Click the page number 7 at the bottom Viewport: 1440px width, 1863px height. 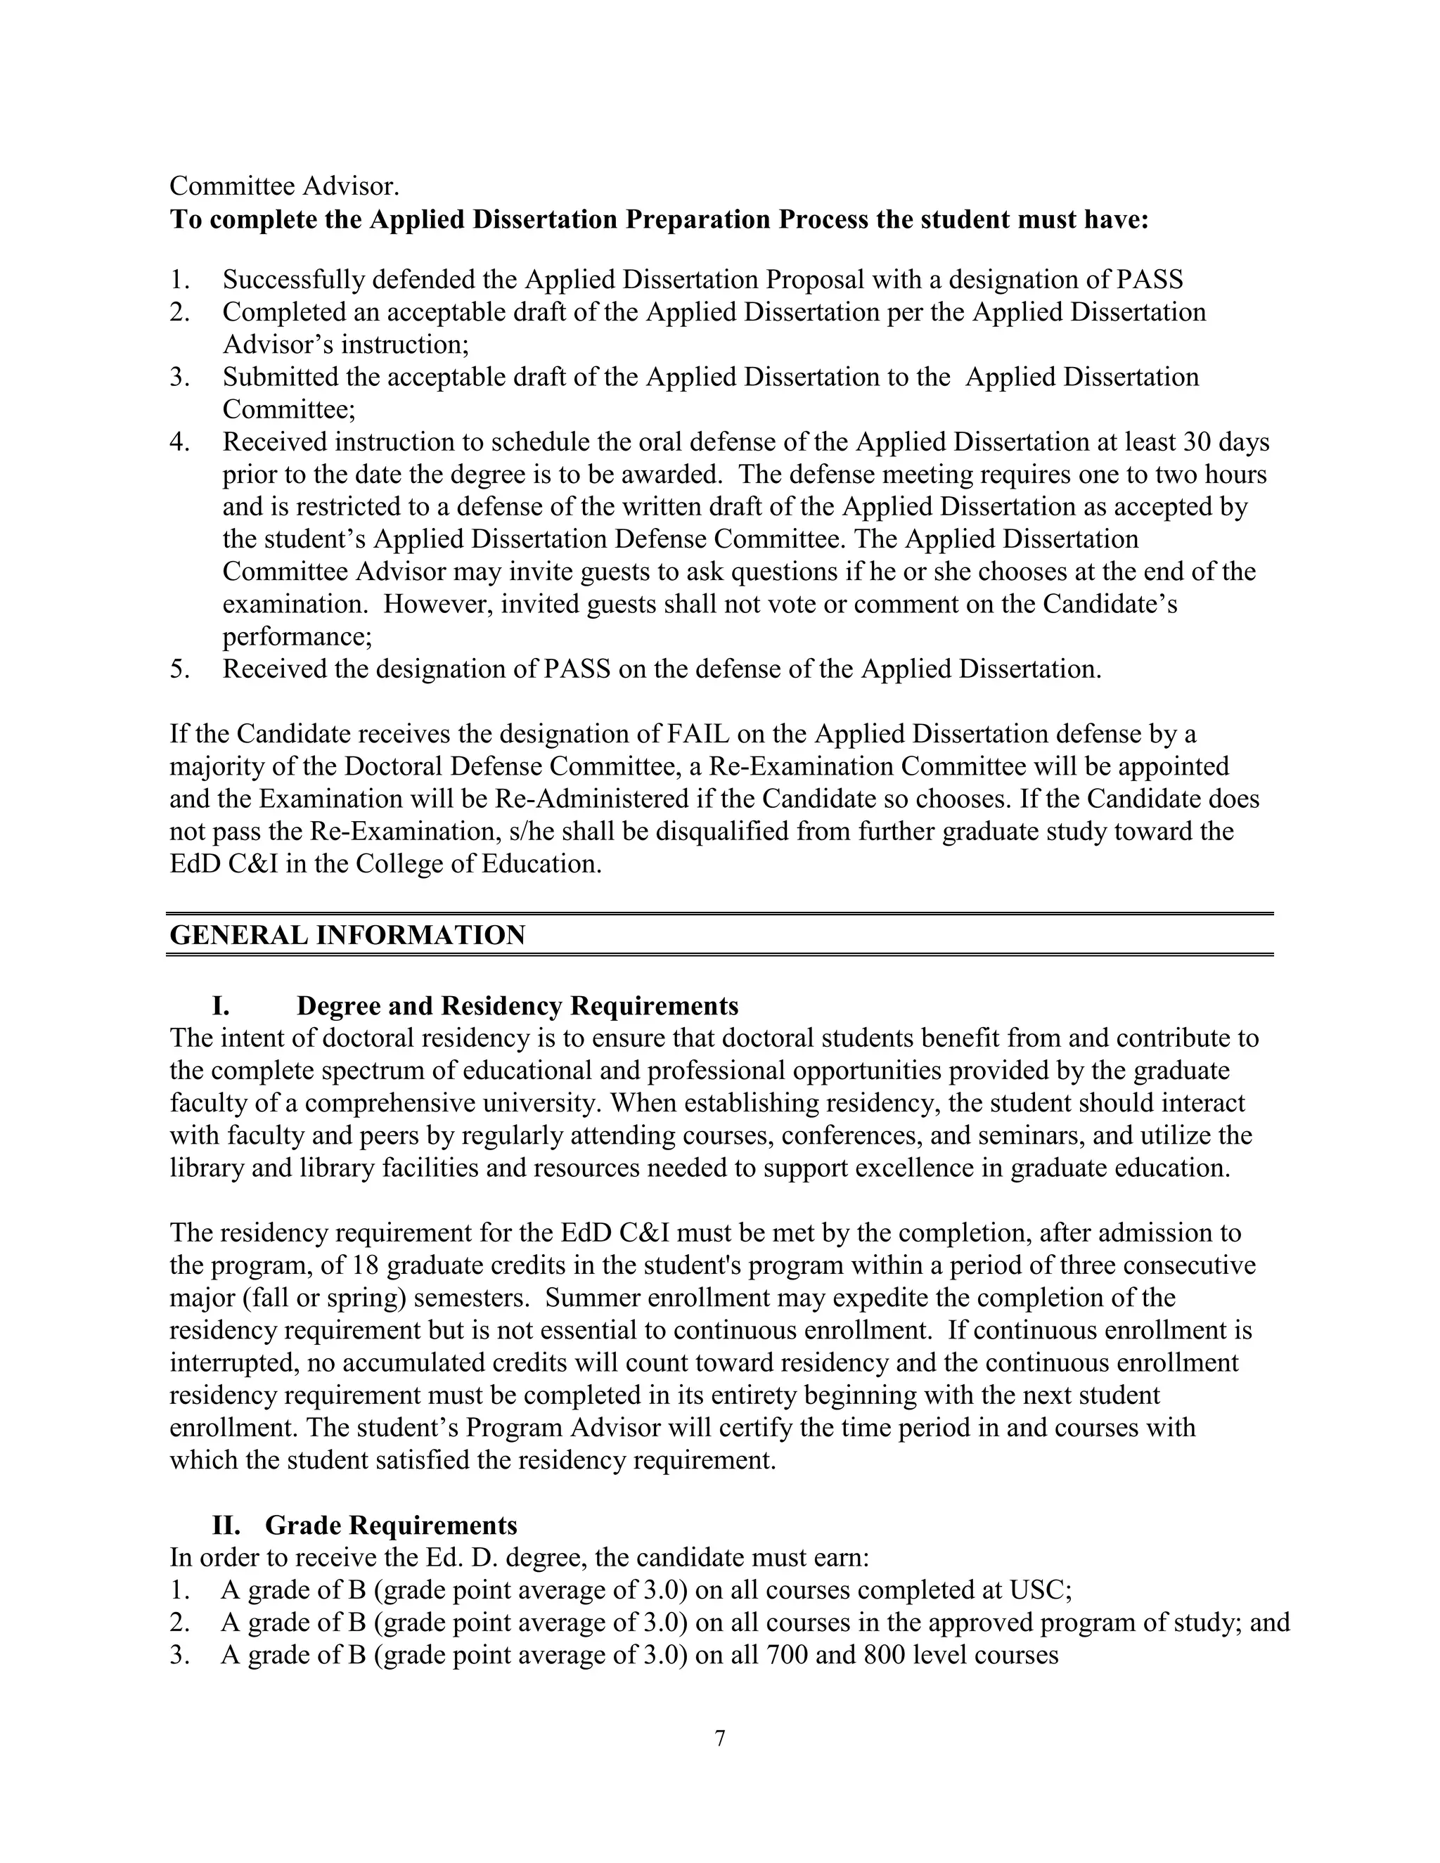[720, 1738]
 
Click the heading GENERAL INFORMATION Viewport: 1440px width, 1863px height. [347, 935]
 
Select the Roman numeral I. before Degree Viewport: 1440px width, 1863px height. [221, 1007]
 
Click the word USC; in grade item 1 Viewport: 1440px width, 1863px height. [1040, 1590]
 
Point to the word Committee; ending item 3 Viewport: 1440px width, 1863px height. [289, 409]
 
